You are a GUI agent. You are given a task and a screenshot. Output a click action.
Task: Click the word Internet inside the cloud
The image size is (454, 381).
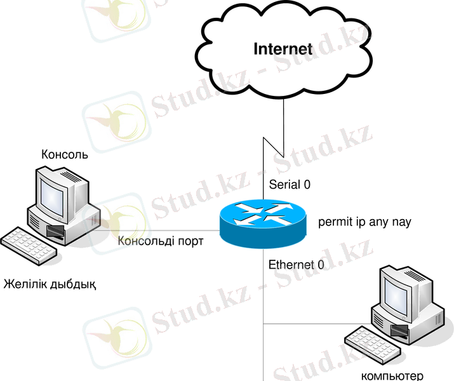(x=283, y=49)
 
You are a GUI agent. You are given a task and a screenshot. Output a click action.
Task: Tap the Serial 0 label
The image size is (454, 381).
(x=290, y=185)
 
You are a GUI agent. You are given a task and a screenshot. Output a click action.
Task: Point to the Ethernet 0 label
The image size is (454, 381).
(x=296, y=264)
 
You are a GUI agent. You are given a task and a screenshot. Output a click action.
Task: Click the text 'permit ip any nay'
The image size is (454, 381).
(x=364, y=222)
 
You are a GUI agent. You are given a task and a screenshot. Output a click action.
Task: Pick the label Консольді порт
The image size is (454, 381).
(x=161, y=241)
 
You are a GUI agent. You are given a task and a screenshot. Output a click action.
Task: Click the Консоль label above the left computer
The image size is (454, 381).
(x=64, y=154)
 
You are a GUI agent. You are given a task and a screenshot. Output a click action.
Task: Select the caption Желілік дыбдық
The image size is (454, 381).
(x=50, y=283)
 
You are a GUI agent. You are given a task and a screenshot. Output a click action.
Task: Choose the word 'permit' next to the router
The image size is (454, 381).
(x=333, y=223)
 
